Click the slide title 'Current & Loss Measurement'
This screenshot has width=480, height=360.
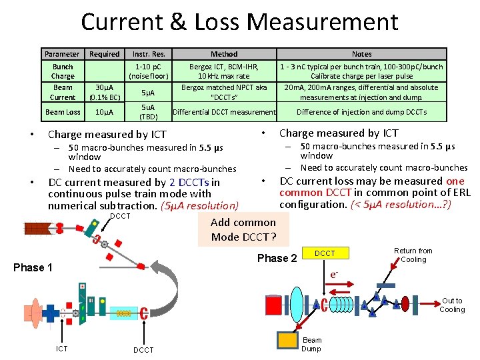click(x=239, y=22)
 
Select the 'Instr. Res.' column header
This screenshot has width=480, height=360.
click(x=149, y=54)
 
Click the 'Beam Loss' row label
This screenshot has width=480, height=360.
click(x=63, y=112)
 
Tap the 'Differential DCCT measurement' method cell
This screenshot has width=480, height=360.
click(x=224, y=112)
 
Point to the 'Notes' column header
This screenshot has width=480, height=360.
click(x=361, y=54)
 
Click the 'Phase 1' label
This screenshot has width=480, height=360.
click(x=33, y=267)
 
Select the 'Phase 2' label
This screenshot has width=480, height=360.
click(x=277, y=259)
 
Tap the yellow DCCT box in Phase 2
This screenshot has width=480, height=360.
click(x=325, y=253)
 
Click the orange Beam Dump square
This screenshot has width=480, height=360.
click(x=289, y=340)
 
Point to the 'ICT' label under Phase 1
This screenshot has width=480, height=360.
click(x=61, y=349)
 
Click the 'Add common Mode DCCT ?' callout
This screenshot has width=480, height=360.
click(x=243, y=230)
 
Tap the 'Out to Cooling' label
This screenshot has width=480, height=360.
click(x=452, y=305)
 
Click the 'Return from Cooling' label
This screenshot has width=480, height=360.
click(x=413, y=255)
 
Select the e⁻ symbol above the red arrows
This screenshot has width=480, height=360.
click(x=334, y=274)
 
